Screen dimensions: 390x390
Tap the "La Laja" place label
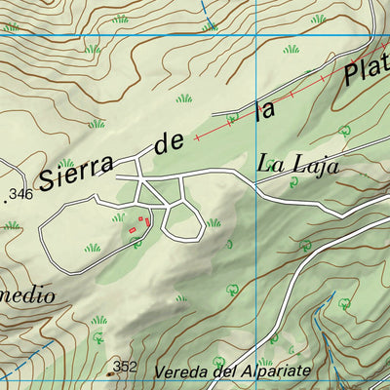[x=297, y=166]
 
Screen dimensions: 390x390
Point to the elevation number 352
[x=125, y=367]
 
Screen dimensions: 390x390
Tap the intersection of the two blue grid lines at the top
[x=255, y=37]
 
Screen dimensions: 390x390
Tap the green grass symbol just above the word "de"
[x=183, y=98]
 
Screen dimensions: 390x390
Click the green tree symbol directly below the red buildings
[x=136, y=241]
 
